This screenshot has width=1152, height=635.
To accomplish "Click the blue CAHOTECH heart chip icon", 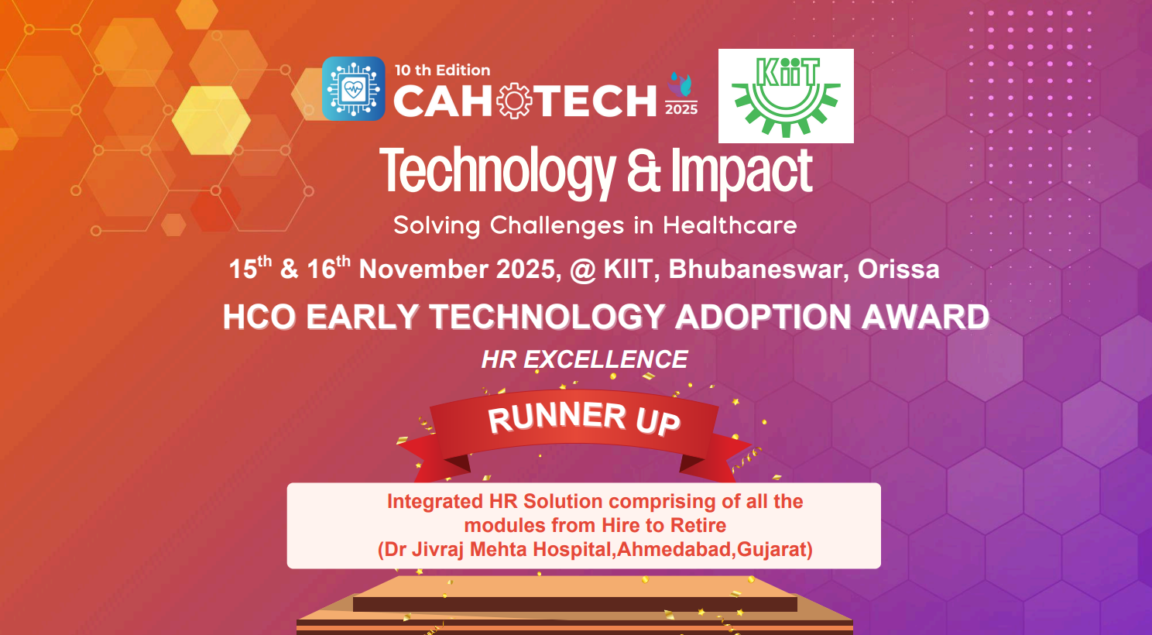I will coord(353,88).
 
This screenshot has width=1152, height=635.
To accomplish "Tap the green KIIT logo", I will coord(786,96).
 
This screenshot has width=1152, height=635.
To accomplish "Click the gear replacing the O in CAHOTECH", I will coord(514,101).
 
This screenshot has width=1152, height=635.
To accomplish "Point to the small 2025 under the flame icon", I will coord(681,109).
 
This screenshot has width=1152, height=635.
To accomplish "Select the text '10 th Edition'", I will coord(442,70).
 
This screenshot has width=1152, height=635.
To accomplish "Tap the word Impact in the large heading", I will coord(741,171).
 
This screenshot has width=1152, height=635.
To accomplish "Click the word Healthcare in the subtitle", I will coord(729,225).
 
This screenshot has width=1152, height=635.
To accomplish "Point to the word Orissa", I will coord(898,269).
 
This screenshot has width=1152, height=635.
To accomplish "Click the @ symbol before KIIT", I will coord(582,269).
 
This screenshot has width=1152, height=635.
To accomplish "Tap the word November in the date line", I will coord(423,269).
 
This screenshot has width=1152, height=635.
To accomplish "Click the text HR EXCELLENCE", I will coord(584,359).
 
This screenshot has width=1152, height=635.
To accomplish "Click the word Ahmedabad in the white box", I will coord(674,550).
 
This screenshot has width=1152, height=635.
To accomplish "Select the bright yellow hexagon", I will coord(211,120).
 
